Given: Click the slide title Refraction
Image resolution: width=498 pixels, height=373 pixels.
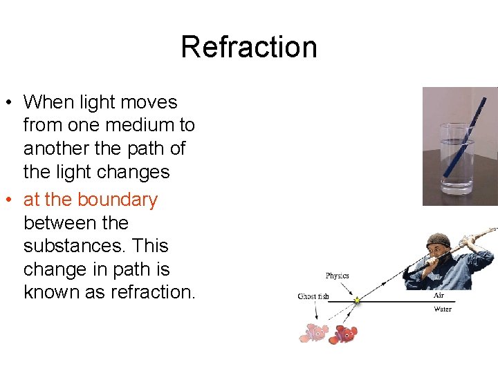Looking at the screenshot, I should click(249, 47).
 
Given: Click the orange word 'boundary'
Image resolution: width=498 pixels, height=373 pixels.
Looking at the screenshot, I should click(118, 200).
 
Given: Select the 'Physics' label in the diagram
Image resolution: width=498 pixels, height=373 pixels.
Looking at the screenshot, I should click(338, 276).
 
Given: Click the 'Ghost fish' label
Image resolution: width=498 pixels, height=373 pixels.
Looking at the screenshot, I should click(313, 296).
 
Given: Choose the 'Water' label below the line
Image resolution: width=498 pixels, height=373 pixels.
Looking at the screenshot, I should click(443, 309).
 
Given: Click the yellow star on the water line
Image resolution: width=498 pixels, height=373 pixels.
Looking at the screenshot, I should click(357, 300).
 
